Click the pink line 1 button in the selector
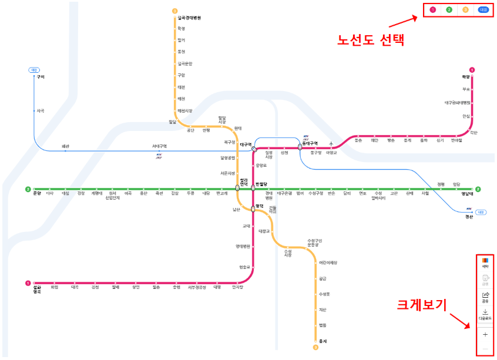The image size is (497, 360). click(x=433, y=10)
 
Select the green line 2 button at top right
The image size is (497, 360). click(x=449, y=10)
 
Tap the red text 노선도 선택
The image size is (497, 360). click(x=371, y=41)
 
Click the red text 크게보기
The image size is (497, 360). click(x=422, y=304)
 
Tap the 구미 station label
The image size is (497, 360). click(x=41, y=77)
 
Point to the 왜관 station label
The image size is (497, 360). click(x=66, y=146)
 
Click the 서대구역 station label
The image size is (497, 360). click(x=159, y=146)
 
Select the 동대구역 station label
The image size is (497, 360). click(x=310, y=143)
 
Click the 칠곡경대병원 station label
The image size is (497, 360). click(x=189, y=18)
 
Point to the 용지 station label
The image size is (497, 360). click(x=323, y=341)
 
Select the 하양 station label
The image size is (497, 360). click(x=466, y=77)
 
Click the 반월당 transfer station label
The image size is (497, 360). click(x=261, y=184)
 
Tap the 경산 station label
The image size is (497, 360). click(x=468, y=216)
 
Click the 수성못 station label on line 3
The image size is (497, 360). click(x=324, y=294)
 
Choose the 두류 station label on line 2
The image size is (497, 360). click(x=190, y=193)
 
